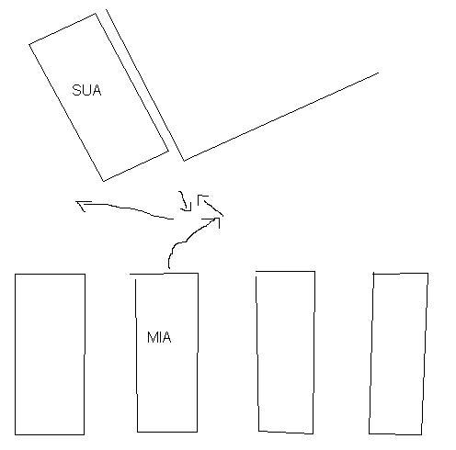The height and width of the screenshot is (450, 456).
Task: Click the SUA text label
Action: pos(86,90)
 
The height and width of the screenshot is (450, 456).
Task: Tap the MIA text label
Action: pos(159,337)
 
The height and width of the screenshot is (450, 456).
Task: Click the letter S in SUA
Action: pos(76,90)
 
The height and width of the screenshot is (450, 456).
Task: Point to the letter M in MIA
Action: pos(152,337)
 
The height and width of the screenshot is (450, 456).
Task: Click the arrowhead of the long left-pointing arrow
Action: pos(82,205)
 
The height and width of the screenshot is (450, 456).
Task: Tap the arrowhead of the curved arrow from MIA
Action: pos(215,221)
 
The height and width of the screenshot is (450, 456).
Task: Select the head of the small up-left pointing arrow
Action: pos(201,198)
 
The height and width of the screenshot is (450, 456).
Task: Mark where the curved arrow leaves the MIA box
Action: pos(169,269)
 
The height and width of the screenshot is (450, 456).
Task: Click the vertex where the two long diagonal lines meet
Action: pos(184,161)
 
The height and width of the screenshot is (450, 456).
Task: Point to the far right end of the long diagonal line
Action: pos(378,73)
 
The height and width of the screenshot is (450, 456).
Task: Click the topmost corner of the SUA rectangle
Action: pos(96,14)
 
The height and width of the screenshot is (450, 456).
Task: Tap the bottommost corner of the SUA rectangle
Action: pos(104,181)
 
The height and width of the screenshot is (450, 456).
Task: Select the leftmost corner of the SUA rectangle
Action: pos(29,45)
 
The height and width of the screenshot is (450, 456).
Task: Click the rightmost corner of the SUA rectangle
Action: pos(168,151)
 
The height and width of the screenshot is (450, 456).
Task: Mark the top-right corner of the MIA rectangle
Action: pos(198,274)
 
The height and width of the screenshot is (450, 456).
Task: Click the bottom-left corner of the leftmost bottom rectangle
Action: pos(15,434)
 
